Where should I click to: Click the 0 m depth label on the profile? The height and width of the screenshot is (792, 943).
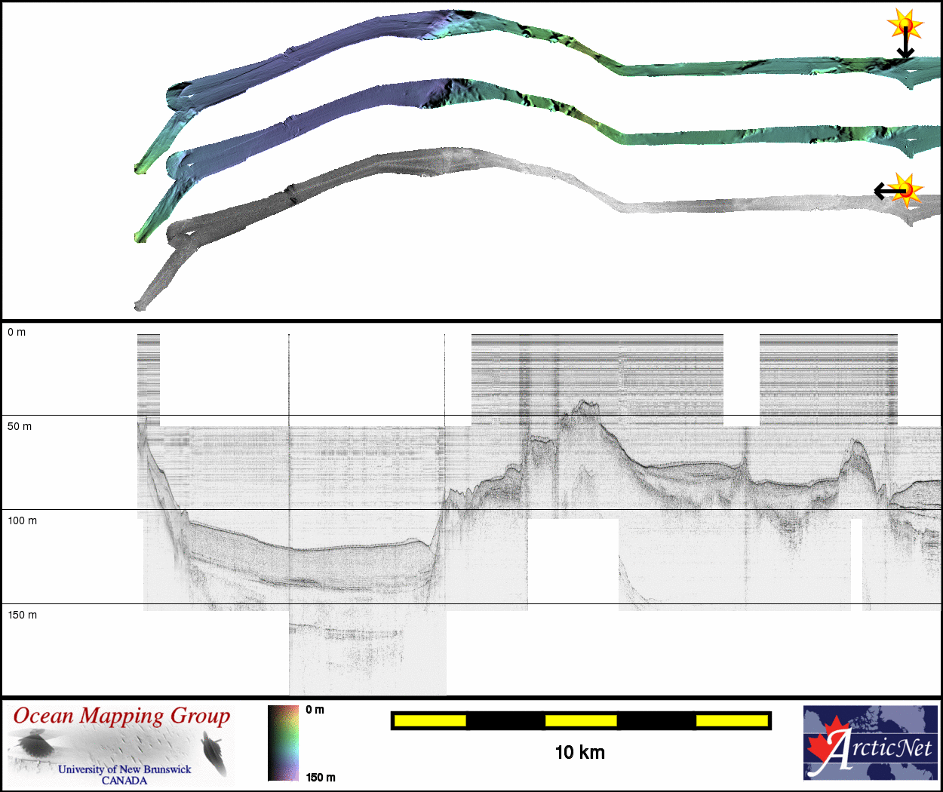click(x=17, y=333)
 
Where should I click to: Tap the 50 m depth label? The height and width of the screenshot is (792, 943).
click(x=20, y=427)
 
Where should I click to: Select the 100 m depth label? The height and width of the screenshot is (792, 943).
click(x=22, y=520)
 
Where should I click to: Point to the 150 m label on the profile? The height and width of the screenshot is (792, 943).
click(x=22, y=615)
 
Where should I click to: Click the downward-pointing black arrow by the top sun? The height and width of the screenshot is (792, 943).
click(x=905, y=43)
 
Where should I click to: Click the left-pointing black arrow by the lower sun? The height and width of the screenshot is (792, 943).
click(x=889, y=191)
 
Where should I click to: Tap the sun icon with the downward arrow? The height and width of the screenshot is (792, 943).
click(x=905, y=25)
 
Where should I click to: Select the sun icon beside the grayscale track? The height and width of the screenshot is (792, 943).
click(x=906, y=190)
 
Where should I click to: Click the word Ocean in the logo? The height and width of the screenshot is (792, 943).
click(x=43, y=716)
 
